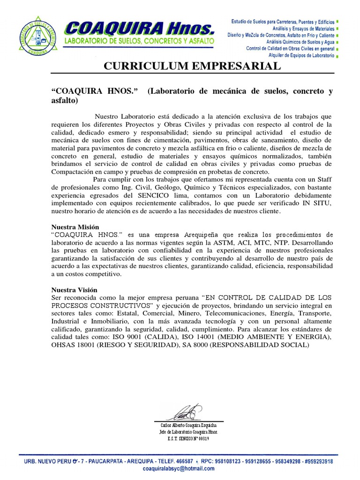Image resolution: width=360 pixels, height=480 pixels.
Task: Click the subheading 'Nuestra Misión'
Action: [75, 227]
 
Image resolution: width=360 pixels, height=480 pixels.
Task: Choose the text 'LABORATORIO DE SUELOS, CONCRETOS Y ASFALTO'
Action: [140, 42]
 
